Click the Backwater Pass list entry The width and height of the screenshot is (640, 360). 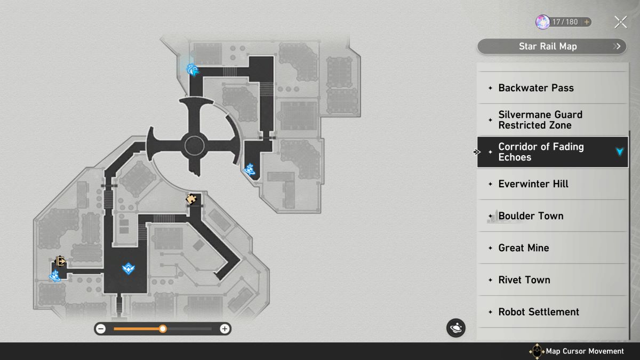pyautogui.click(x=553, y=88)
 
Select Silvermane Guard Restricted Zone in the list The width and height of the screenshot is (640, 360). pyautogui.click(x=553, y=120)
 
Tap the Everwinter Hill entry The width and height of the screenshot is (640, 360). pyautogui.click(x=553, y=184)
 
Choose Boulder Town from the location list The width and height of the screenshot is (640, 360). pyautogui.click(x=553, y=216)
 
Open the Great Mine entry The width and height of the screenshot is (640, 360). pyautogui.click(x=553, y=248)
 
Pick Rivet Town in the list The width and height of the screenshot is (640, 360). pyautogui.click(x=553, y=280)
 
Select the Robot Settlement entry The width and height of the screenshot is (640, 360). pyautogui.click(x=553, y=312)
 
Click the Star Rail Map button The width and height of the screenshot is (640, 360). pyautogui.click(x=551, y=46)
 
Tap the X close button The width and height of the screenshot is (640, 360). pyautogui.click(x=621, y=22)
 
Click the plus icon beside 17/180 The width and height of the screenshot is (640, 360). pyautogui.click(x=587, y=22)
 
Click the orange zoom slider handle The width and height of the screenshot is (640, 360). pyautogui.click(x=163, y=329)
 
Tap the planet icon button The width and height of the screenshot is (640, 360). pyautogui.click(x=455, y=327)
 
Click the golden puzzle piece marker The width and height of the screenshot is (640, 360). pyautogui.click(x=191, y=199)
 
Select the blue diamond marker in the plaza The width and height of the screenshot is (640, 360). pyautogui.click(x=129, y=269)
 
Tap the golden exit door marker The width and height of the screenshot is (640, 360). pyautogui.click(x=60, y=261)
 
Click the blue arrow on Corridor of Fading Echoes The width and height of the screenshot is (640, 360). pyautogui.click(x=619, y=151)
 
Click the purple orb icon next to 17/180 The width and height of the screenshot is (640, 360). pyautogui.click(x=542, y=22)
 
